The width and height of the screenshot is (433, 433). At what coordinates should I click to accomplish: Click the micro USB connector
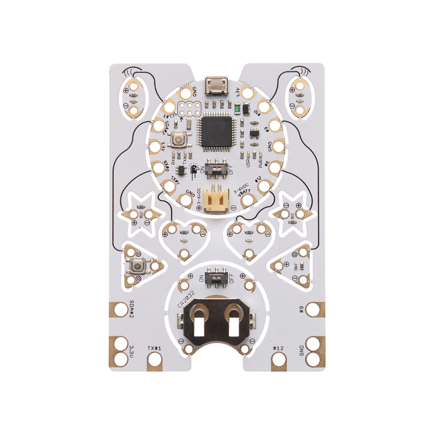tap(216, 86)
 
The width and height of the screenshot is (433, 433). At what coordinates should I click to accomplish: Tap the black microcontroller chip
tap(216, 131)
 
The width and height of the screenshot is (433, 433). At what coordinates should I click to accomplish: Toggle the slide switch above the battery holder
tap(216, 276)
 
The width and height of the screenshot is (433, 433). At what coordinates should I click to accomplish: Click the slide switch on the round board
tap(216, 167)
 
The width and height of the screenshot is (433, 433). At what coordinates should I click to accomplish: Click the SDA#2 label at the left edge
tap(131, 309)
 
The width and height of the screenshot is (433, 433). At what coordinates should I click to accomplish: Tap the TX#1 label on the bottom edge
tap(154, 348)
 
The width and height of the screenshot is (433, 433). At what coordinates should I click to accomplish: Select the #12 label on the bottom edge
tap(278, 348)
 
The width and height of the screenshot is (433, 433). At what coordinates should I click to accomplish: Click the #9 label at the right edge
tap(301, 310)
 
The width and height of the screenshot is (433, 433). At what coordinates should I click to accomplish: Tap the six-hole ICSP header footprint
tap(190, 108)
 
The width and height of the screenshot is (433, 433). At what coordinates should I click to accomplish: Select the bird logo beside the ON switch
tap(194, 168)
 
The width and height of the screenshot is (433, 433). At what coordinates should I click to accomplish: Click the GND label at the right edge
tap(301, 350)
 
